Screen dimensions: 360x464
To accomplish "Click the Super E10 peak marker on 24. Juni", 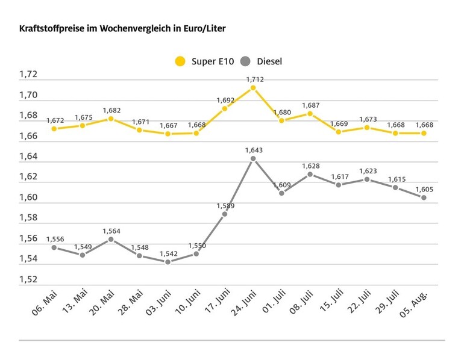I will pos(253,88).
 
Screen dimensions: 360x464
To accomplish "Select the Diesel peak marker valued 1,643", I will pos(253,158).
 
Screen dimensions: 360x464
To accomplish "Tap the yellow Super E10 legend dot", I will pos(180,61).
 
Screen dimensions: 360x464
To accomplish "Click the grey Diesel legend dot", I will pos(245,61).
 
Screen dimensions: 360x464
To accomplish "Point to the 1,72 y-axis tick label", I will pos(28,75).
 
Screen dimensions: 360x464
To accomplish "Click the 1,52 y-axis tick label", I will pos(28,279).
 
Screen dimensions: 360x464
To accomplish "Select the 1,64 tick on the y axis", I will pos(28,157).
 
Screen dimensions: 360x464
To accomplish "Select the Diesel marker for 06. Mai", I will pos(54,247).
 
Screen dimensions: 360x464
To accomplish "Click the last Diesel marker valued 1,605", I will pos(424,197).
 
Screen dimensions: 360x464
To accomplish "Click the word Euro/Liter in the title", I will pos(205,28).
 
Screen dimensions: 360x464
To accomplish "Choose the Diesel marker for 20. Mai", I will pos(111,239).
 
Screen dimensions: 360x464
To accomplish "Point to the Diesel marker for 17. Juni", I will pos(225,214).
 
